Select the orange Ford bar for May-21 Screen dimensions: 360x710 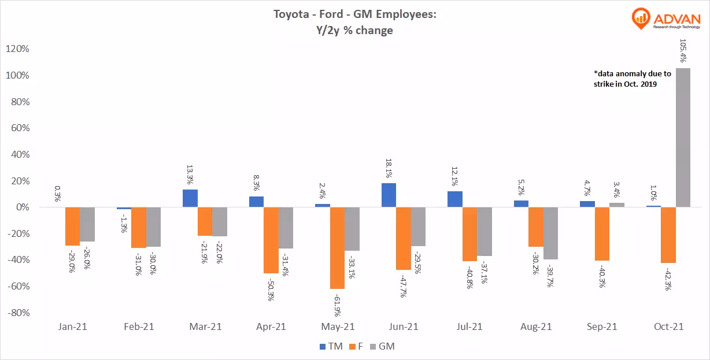click(x=338, y=248)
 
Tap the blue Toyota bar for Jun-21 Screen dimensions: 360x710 click(x=389, y=195)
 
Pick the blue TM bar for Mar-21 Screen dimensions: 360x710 click(x=190, y=198)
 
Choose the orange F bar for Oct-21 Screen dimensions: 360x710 click(x=668, y=235)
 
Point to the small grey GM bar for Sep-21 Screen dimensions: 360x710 click(x=617, y=205)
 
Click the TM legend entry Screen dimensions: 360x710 click(x=330, y=347)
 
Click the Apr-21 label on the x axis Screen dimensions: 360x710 click(x=271, y=327)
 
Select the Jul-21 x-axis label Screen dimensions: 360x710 click(x=469, y=327)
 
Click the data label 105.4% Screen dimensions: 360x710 click(x=682, y=50)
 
